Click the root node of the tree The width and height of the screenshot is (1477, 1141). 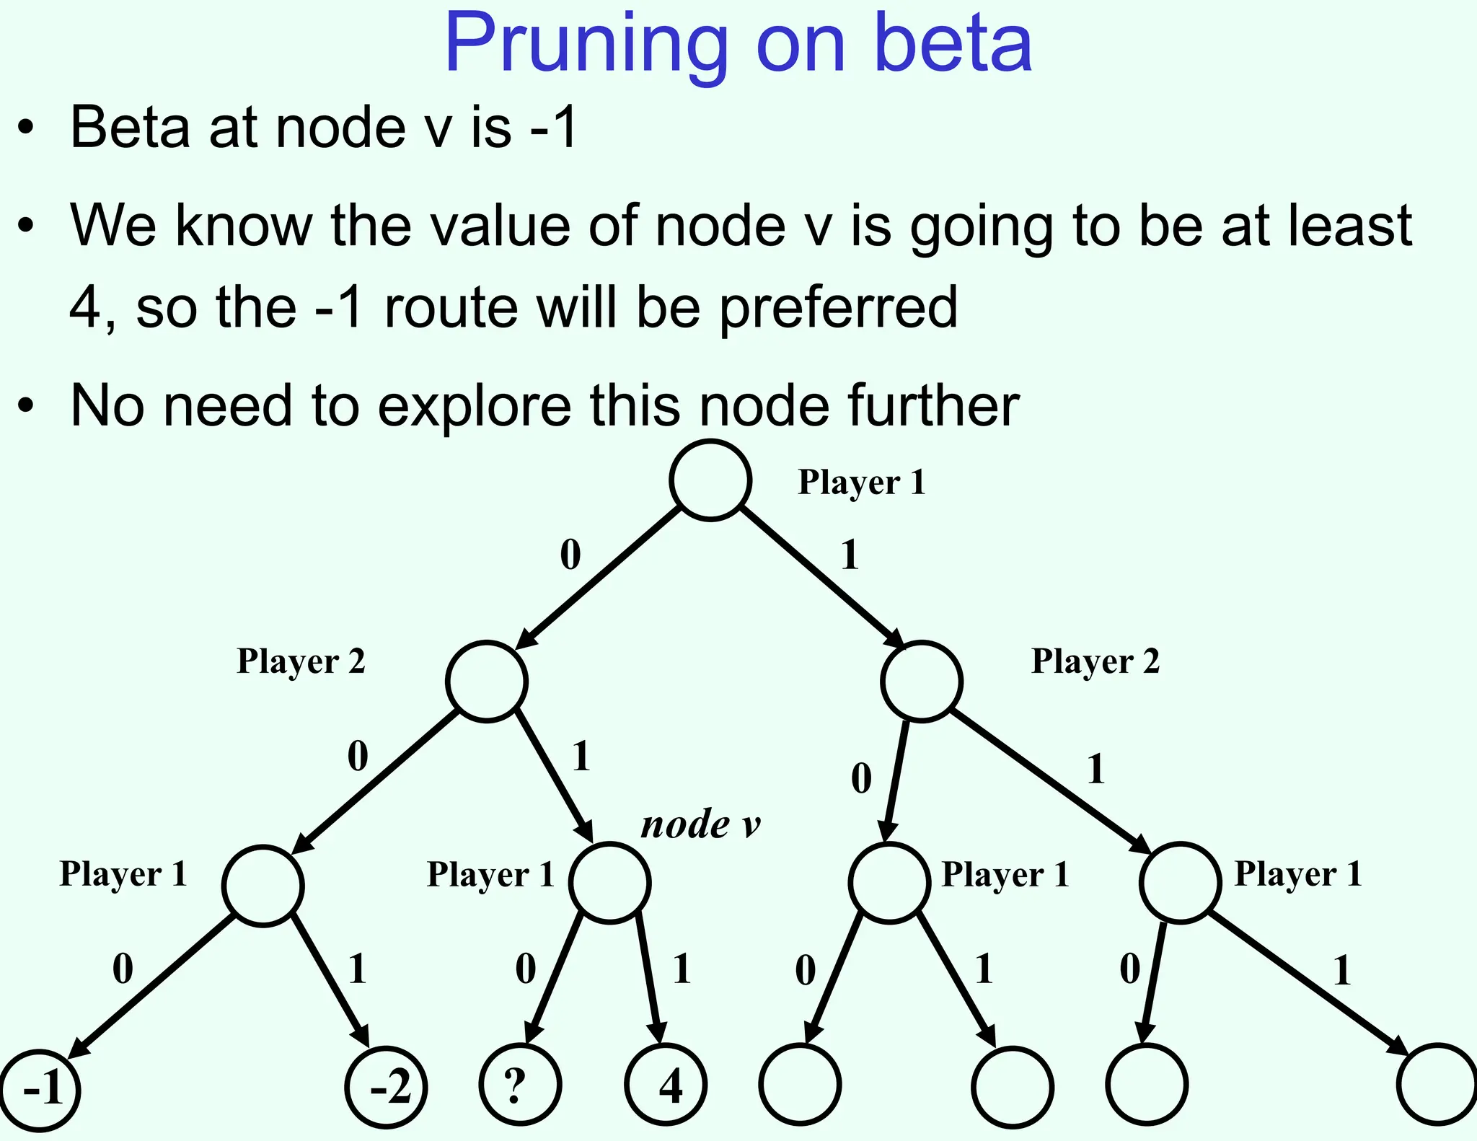[x=710, y=480]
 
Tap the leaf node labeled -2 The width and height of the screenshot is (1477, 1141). [x=387, y=1087]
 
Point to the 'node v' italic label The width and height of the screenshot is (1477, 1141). [x=700, y=824]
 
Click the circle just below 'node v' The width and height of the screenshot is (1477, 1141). [x=609, y=883]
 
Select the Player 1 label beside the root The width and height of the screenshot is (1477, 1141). [x=861, y=482]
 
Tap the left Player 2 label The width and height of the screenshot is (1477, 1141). [x=301, y=661]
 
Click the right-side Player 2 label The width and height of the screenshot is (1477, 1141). [x=1095, y=661]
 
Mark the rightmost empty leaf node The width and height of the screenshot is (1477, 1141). [x=1437, y=1084]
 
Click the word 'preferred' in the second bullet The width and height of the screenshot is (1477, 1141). [x=838, y=307]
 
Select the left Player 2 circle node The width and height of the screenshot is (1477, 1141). [x=487, y=682]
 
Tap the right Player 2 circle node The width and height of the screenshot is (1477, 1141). [x=922, y=682]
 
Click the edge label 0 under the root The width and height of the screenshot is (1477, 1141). [x=570, y=555]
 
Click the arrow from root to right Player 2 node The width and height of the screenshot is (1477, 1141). [x=822, y=577]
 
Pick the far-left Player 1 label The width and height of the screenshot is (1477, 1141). [x=123, y=874]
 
